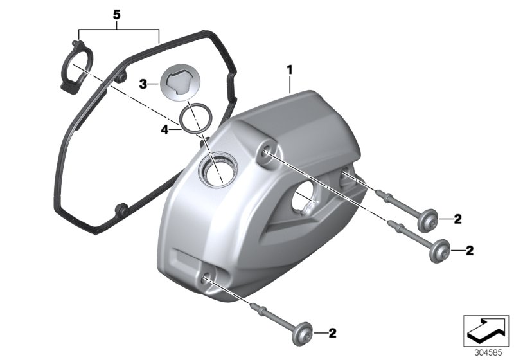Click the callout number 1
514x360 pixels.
pyautogui.click(x=290, y=69)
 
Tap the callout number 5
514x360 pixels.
pyautogui.click(x=116, y=14)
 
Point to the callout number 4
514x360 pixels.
pyautogui.click(x=164, y=129)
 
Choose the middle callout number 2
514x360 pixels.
pyautogui.click(x=470, y=249)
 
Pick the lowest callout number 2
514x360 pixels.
pyautogui.click(x=332, y=333)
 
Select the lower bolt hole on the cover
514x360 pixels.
pyautogui.click(x=206, y=278)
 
